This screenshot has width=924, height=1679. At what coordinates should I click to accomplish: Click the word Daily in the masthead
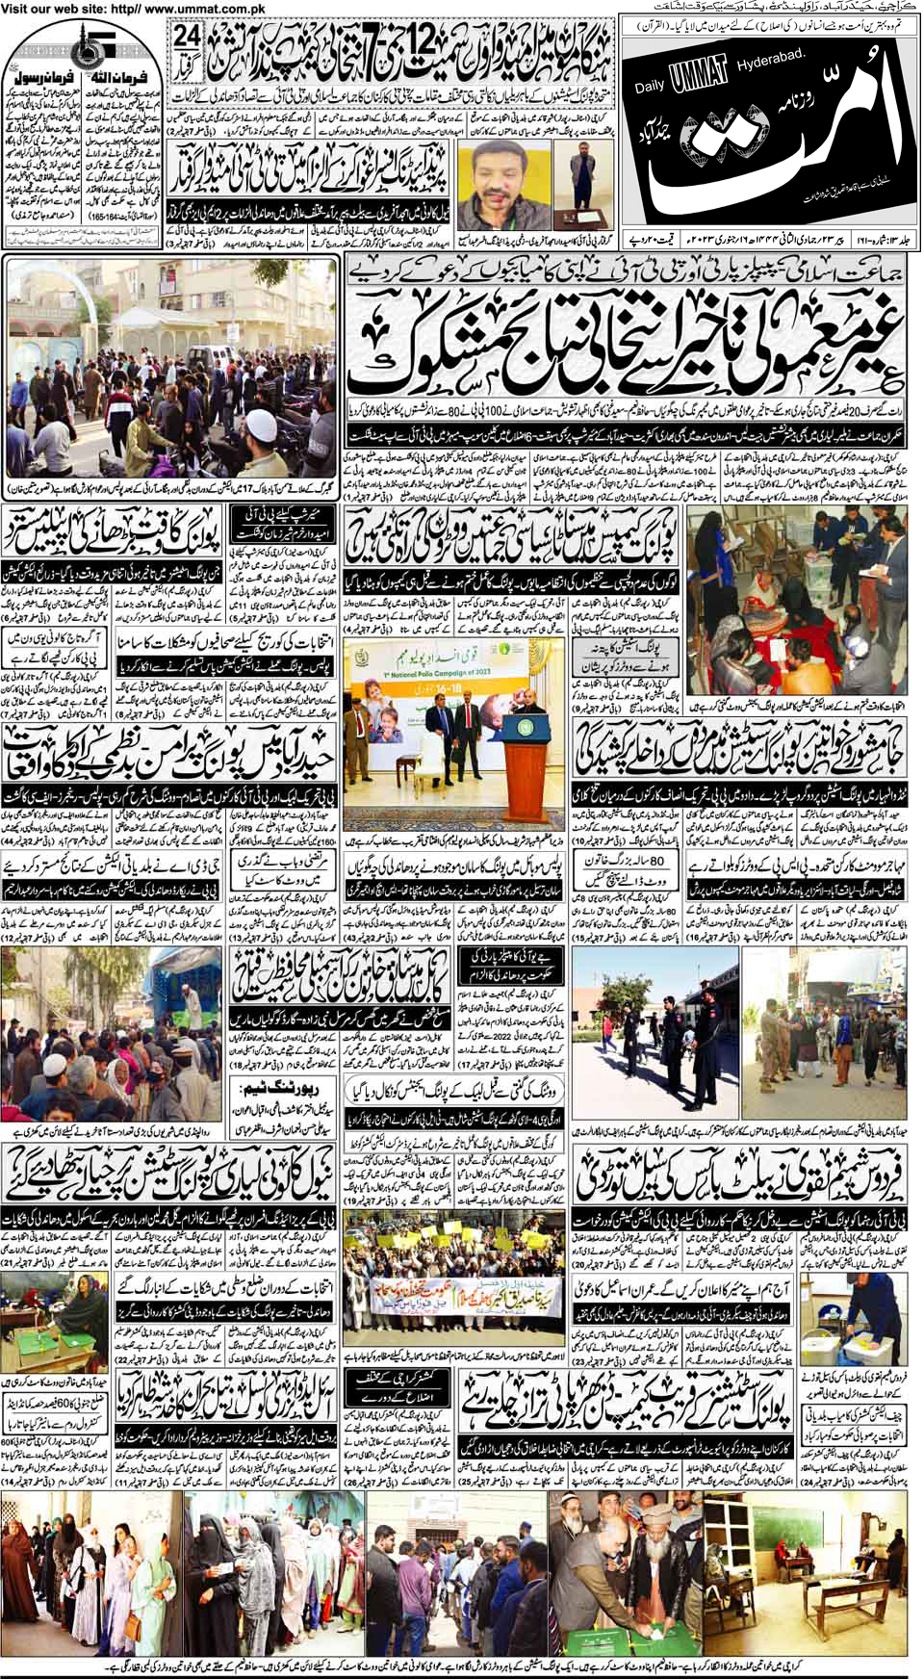point(650,87)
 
